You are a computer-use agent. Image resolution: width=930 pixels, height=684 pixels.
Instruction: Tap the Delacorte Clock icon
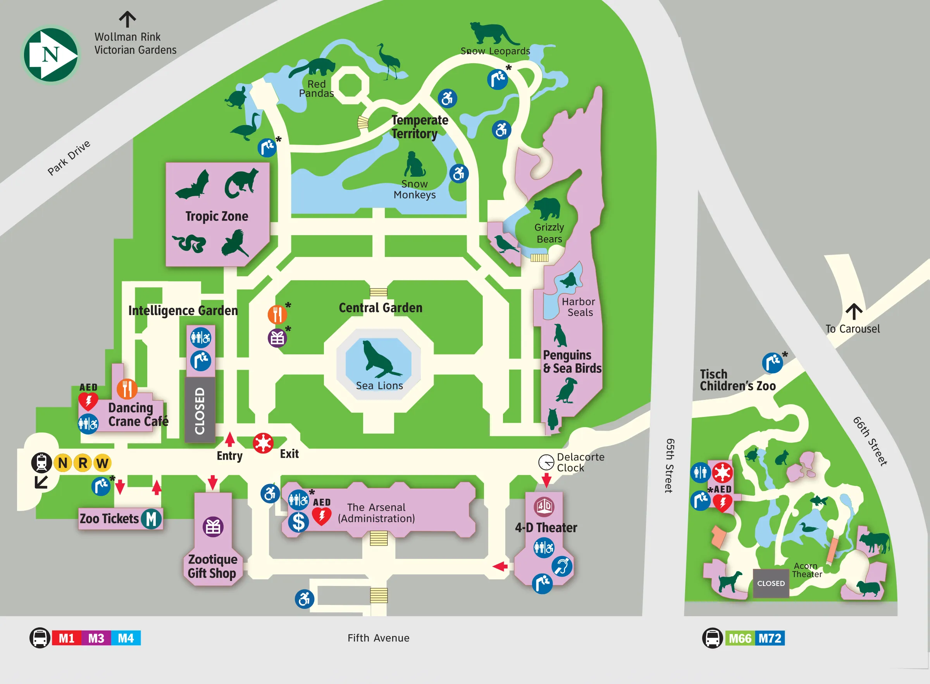click(546, 462)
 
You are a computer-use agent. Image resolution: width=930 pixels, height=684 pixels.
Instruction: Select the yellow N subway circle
click(63, 462)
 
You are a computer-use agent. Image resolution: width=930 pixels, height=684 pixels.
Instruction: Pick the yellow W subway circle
click(102, 462)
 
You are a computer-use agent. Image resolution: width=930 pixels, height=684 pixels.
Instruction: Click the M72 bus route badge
click(770, 638)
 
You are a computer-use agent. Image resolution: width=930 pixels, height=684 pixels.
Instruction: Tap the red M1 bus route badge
click(66, 638)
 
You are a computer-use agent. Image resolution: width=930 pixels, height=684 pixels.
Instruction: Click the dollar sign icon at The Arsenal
click(298, 522)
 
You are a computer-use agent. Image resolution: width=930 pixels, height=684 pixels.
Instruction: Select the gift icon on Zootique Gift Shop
click(213, 527)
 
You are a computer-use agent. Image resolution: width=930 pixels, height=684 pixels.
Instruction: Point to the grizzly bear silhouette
click(547, 208)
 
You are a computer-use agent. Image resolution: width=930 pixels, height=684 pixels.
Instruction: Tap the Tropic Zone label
click(217, 216)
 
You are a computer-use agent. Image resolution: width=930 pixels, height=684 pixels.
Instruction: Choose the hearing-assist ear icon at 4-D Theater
click(561, 567)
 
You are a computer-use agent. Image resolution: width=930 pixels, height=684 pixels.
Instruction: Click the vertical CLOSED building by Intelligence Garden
click(200, 410)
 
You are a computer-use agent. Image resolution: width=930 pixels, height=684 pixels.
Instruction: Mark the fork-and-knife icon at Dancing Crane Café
click(127, 389)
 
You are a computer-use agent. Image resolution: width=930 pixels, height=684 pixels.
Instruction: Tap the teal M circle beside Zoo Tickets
click(151, 519)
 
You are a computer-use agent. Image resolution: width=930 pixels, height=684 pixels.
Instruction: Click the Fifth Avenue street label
click(378, 638)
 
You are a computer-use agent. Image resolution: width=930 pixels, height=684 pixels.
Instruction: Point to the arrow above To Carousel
click(853, 311)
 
